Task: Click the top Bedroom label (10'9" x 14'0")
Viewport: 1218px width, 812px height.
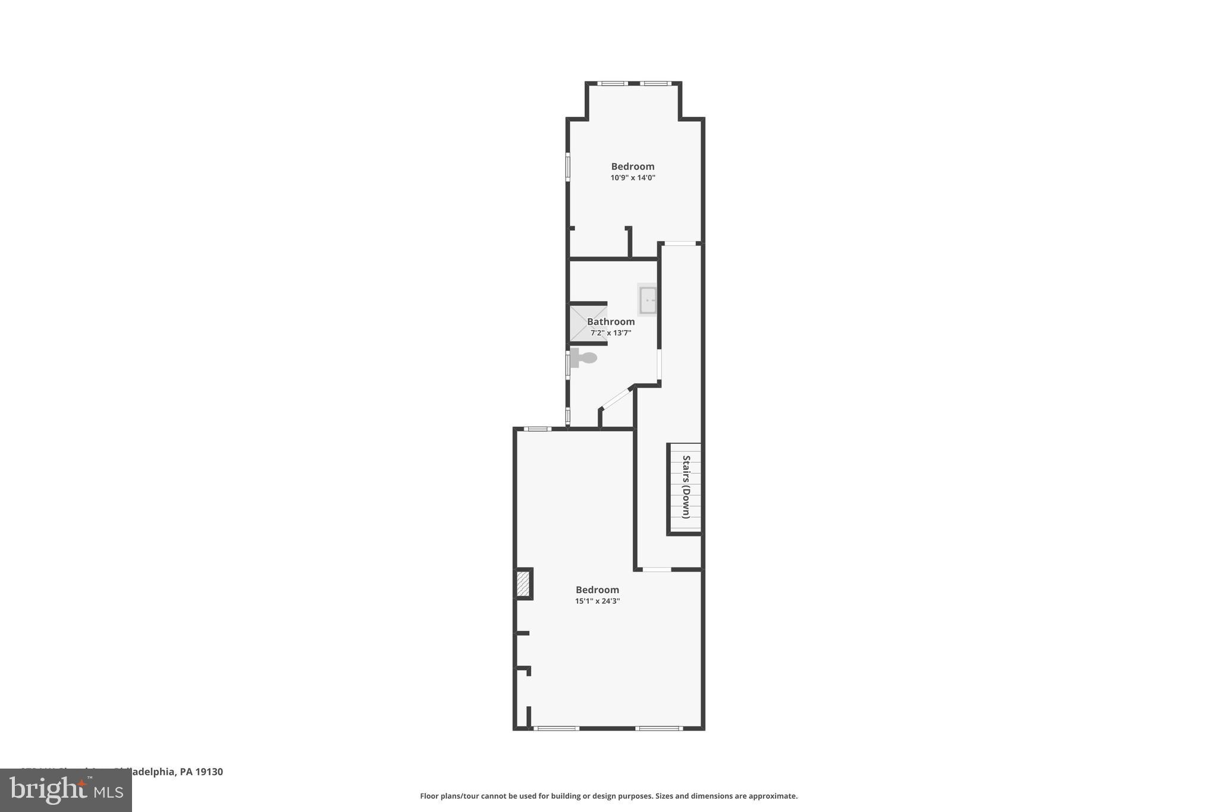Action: (632, 167)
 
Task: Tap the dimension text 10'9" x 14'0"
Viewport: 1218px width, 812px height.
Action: (632, 178)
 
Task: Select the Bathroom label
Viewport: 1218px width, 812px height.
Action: (611, 322)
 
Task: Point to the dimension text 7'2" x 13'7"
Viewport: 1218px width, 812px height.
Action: (611, 333)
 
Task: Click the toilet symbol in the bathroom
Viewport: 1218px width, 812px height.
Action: (583, 358)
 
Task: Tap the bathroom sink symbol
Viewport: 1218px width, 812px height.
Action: (647, 300)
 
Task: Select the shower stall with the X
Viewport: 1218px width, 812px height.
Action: (588, 324)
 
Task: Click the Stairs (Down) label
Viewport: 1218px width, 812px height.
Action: (686, 487)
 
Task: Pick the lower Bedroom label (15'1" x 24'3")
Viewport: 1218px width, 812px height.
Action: (597, 590)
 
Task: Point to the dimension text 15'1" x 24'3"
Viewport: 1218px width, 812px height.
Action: (597, 601)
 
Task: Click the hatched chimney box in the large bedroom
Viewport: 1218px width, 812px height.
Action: (523, 584)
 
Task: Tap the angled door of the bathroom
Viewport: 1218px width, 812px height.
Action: (617, 398)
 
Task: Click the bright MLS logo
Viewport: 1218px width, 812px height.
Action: (66, 790)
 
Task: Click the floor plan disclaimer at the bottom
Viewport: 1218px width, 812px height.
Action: (608, 796)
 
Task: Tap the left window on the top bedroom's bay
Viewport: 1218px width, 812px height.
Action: (612, 84)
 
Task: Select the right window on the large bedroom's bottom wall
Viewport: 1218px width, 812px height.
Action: (658, 728)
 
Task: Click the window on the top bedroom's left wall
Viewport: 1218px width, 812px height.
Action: (567, 167)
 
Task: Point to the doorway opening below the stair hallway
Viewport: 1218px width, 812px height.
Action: (657, 570)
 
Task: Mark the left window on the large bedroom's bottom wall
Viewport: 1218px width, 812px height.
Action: (555, 728)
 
